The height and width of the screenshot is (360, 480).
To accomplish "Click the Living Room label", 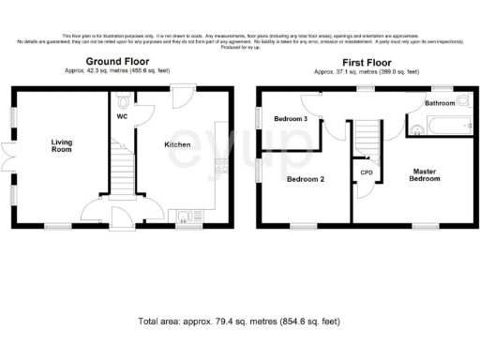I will [x=62, y=145].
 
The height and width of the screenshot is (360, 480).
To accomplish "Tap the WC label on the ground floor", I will [x=122, y=117].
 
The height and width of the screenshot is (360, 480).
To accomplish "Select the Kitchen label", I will [x=178, y=145].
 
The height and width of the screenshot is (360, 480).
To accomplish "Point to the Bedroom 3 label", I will [x=290, y=120].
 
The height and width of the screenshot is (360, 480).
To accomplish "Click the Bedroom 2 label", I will [x=306, y=178].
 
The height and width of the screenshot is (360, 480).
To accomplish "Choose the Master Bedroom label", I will [x=424, y=174].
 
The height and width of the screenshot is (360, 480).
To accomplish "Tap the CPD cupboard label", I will [x=367, y=173].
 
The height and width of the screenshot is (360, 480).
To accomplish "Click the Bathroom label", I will [x=440, y=102].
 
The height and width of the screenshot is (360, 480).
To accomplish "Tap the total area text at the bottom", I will [x=238, y=322].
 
